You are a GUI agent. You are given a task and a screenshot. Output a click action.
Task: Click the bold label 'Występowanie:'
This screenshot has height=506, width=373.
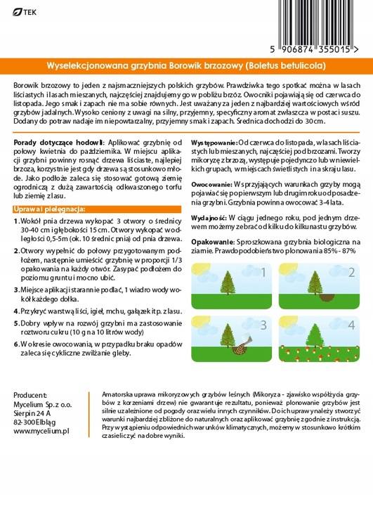pos(215,141)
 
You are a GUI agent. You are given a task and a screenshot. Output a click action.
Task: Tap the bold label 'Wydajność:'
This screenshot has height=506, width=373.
pos(210,219)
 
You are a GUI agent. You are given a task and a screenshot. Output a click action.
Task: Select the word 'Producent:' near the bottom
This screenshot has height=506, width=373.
pos(30,395)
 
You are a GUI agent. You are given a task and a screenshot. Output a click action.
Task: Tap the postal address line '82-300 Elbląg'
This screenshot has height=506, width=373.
pos(39,420)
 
